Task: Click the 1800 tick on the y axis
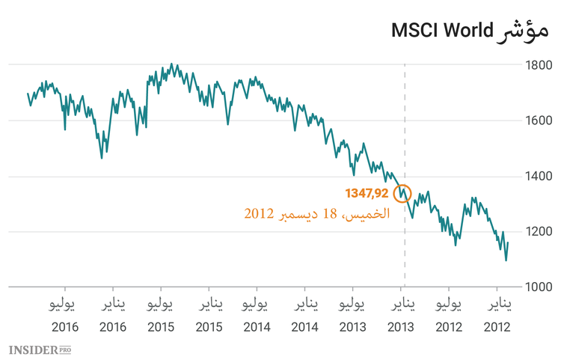(539, 66)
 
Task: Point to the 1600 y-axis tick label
(539, 120)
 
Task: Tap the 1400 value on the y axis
(539, 177)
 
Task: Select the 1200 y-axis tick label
(539, 231)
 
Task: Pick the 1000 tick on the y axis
(539, 287)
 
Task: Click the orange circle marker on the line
(402, 193)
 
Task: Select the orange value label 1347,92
(367, 193)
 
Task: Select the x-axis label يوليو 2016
(64, 316)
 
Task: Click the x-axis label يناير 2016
(113, 316)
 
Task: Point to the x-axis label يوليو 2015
(161, 316)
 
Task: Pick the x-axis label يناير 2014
(305, 316)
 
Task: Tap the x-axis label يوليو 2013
(353, 316)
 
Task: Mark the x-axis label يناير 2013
(402, 316)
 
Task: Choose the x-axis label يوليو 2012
(449, 316)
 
